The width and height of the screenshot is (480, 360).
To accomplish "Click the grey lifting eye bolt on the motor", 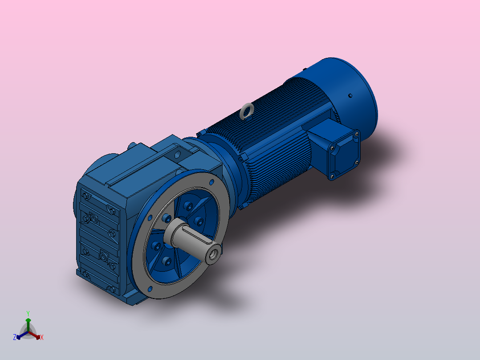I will tap(247, 110).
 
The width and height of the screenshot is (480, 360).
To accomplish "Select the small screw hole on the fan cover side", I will tap(350, 95).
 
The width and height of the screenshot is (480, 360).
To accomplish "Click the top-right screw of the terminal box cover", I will tap(357, 133).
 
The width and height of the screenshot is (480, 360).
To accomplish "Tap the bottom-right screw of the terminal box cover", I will tap(356, 163).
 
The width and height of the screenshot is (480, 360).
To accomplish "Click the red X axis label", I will tap(42, 338).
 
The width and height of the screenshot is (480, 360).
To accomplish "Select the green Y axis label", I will tap(28, 313).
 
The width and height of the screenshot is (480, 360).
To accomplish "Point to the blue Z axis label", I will tap(15, 338).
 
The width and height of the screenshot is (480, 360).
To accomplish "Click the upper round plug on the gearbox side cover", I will tap(94, 218).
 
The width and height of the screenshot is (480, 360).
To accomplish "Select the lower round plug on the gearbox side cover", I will tap(103, 256).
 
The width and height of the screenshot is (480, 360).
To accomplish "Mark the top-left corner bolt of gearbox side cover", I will tap(85, 196).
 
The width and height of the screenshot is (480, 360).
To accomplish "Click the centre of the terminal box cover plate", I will tap(343, 154).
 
